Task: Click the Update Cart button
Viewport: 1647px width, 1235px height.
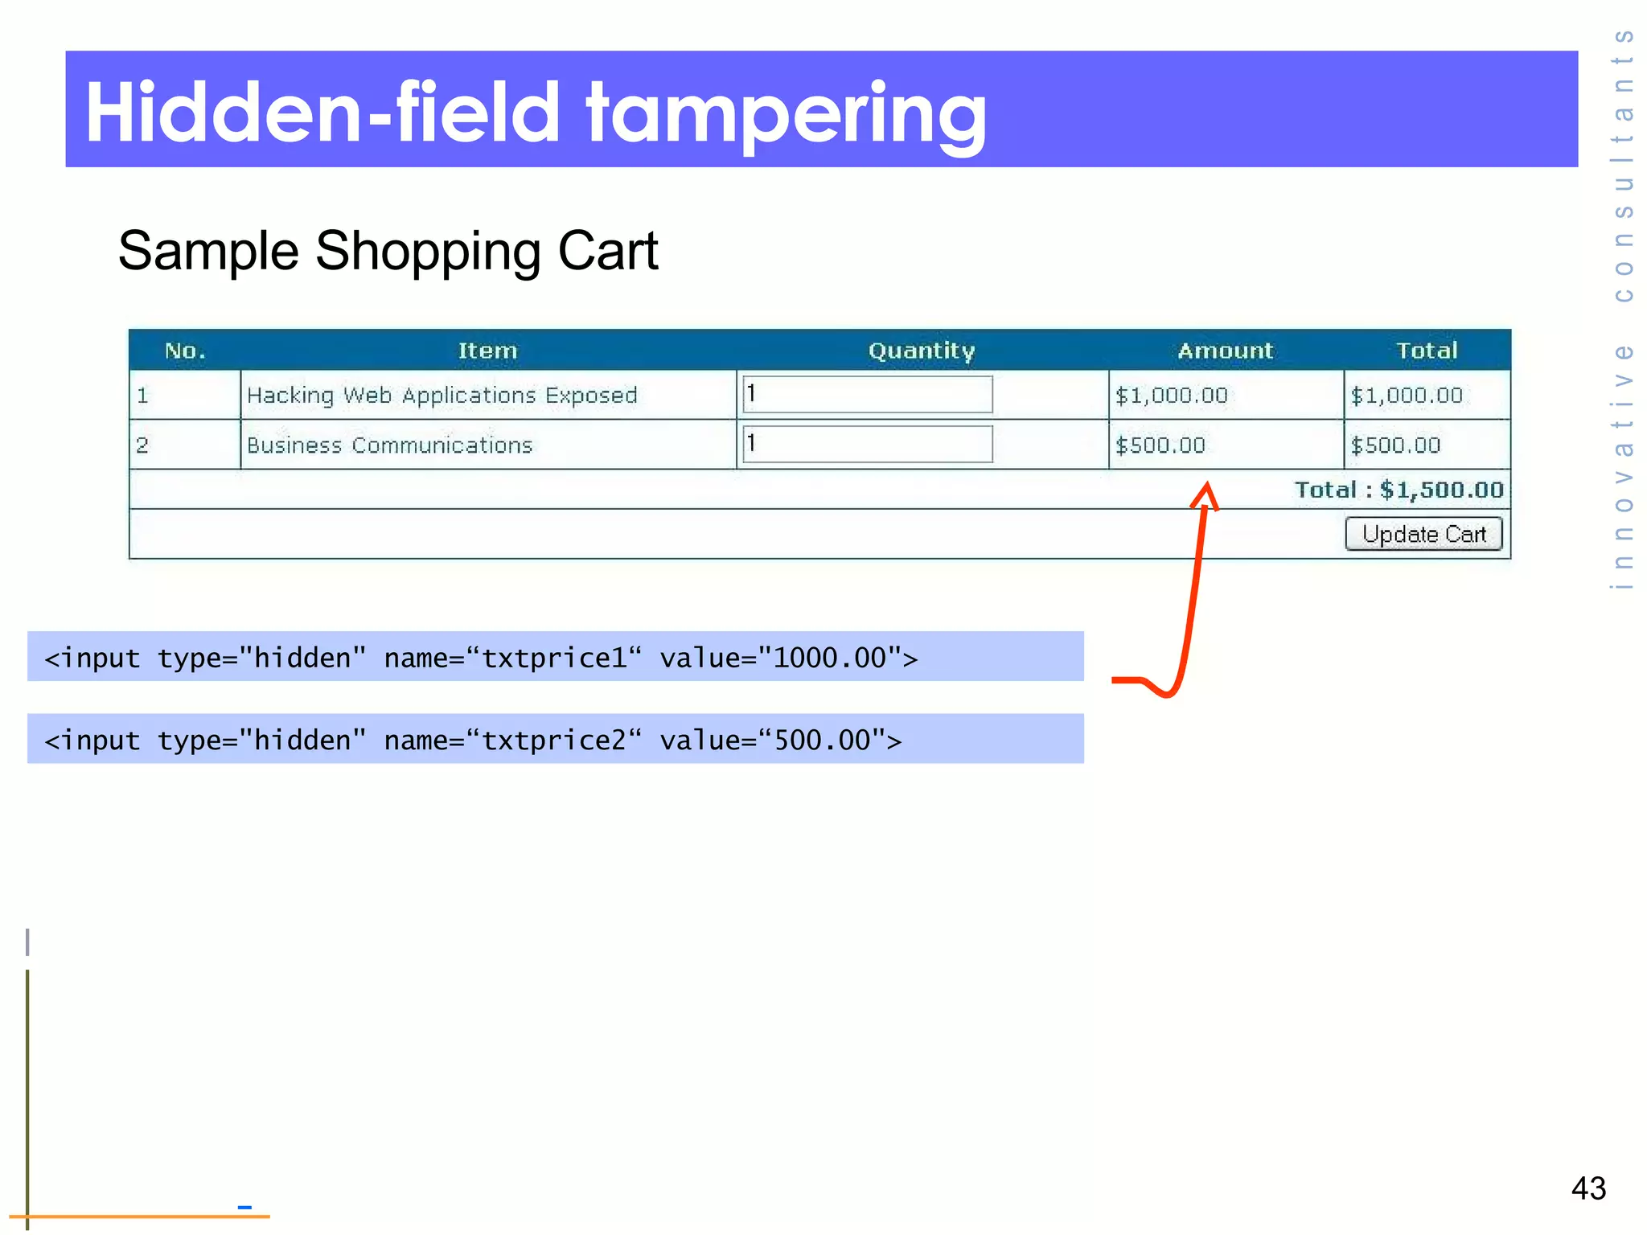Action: [x=1423, y=534]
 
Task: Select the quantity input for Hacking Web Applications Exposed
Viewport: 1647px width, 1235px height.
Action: [x=867, y=395]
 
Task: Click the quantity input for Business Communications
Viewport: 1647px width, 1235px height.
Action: [x=867, y=444]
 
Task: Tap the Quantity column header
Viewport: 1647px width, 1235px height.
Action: [x=922, y=351]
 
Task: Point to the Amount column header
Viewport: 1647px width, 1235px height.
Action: [x=1225, y=351]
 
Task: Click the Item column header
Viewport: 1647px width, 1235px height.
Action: [x=487, y=351]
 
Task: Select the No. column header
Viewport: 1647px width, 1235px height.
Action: [x=185, y=351]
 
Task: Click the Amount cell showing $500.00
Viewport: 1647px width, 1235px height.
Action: [x=1160, y=445]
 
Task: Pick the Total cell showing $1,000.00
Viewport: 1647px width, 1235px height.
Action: [x=1407, y=396]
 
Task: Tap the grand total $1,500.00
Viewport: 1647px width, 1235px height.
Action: [x=1441, y=490]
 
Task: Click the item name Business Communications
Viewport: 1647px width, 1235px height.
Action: [x=389, y=445]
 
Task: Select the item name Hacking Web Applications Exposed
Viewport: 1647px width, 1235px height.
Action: [x=442, y=396]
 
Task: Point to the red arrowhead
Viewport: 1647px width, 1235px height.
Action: [x=1205, y=495]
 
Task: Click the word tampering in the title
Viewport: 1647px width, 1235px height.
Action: [x=786, y=114]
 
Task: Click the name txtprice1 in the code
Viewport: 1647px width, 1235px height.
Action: [x=554, y=658]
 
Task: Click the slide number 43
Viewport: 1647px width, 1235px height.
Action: [x=1588, y=1188]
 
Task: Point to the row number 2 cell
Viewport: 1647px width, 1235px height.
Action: [x=143, y=445]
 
